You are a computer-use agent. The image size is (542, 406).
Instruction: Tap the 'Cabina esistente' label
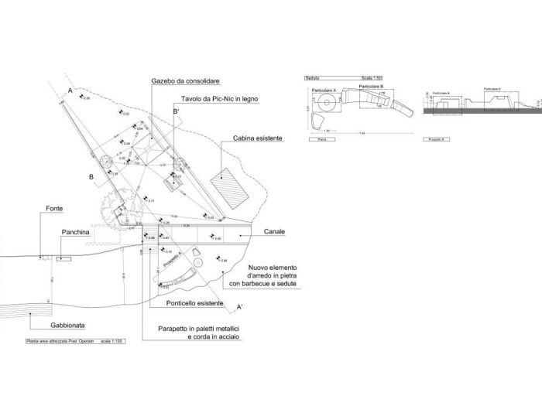tap(256, 138)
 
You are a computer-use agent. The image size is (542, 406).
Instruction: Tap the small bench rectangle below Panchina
tap(63, 258)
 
